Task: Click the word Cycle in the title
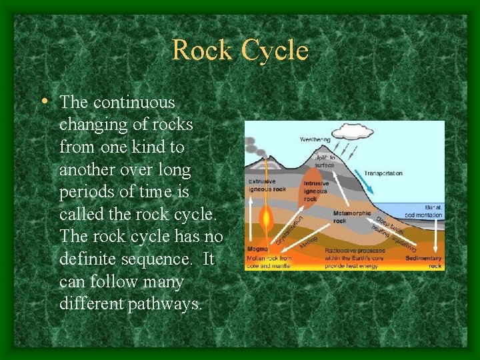pos(275,51)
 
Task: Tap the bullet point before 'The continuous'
pos(43,102)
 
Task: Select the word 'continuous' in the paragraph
pos(134,103)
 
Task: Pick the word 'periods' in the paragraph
pos(85,193)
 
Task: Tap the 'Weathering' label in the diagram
pos(314,140)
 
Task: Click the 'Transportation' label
pos(383,173)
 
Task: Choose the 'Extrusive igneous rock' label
pos(267,185)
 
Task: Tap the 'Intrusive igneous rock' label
pos(315,191)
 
